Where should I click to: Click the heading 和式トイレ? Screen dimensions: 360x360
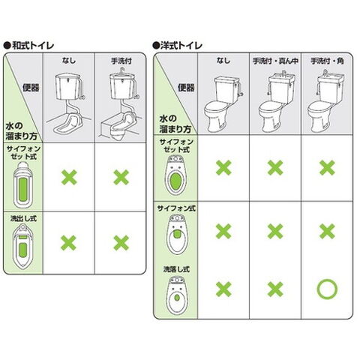pos(32,46)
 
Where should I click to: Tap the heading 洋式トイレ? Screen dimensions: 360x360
pos(181,46)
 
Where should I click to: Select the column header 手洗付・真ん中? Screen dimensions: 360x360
pos(275,61)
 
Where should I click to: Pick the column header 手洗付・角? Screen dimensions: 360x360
pos(327,61)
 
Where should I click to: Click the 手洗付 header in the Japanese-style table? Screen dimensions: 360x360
pos(121,61)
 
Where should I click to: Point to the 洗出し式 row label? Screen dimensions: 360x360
pos(23,219)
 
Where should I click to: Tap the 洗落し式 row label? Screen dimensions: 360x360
pos(176,269)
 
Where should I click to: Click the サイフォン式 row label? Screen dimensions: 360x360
pos(176,208)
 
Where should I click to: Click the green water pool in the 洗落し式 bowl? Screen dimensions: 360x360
pos(177,298)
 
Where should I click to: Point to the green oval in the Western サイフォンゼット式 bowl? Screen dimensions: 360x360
pos(175,181)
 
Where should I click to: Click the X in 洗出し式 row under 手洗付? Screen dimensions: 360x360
pos(121,243)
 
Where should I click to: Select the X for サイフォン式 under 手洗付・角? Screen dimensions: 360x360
pos(327,231)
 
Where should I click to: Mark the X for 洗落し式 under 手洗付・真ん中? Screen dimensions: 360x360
pos(275,289)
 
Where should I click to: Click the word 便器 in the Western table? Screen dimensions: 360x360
pos(186,88)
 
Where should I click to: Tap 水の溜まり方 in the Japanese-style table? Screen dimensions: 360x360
pos(22,131)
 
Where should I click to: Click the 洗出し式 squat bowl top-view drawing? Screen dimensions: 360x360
pos(23,247)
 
